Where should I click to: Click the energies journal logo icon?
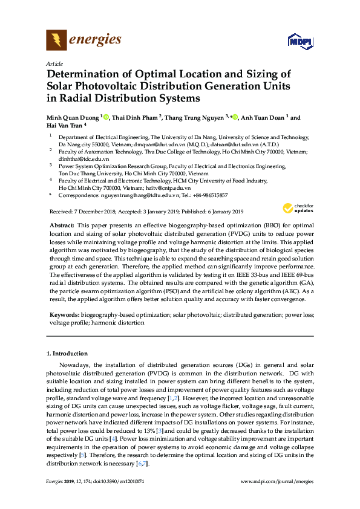pos(57,41)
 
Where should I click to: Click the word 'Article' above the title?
pos(53,63)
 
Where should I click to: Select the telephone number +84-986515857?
pos(208,195)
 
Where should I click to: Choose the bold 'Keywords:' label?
pos(64,316)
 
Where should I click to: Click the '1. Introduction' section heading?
pos(67,353)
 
